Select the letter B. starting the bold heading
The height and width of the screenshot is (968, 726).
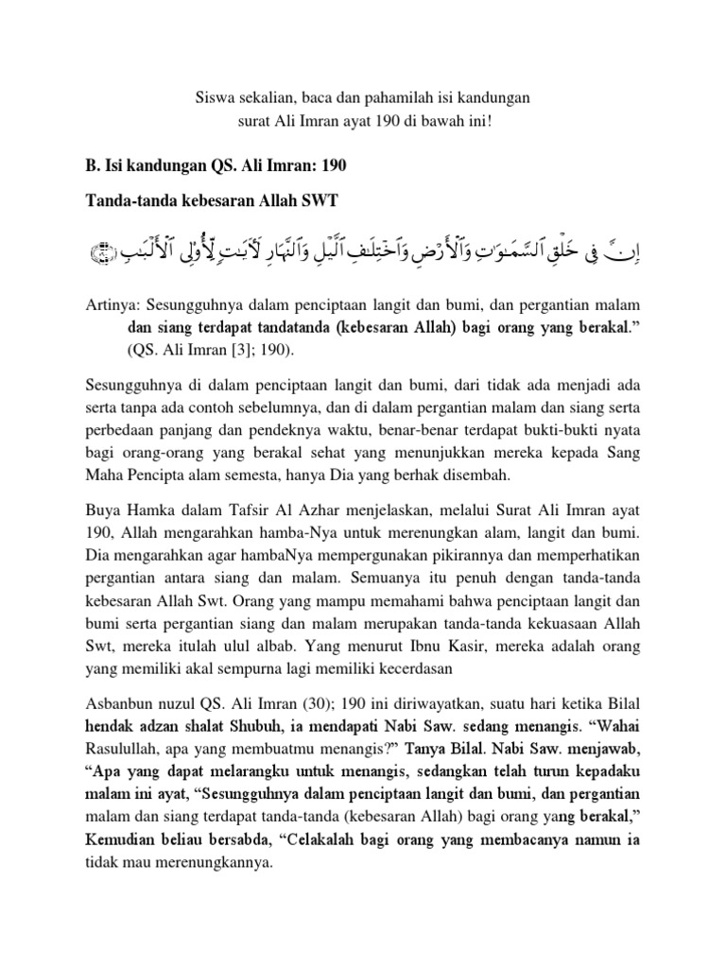[x=93, y=165]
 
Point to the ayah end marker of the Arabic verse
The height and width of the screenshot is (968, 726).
[x=101, y=254]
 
